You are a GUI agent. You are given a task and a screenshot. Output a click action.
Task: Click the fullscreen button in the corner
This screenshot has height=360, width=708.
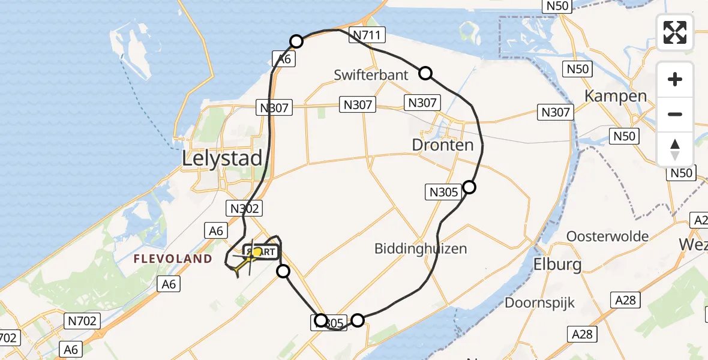click(675, 32)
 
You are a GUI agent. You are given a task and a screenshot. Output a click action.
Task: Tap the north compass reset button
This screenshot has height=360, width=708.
click(675, 149)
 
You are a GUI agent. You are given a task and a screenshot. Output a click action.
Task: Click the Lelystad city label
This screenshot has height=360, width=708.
click(223, 158)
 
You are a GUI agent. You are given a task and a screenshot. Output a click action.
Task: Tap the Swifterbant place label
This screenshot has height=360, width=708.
click(371, 75)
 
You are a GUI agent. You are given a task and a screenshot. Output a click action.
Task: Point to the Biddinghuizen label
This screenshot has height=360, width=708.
click(420, 248)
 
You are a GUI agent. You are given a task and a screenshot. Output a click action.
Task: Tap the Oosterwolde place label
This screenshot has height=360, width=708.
click(607, 236)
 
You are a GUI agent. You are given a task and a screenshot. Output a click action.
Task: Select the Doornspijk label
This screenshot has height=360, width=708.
click(539, 302)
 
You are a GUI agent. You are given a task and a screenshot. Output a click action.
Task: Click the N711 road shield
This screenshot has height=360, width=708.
click(366, 35)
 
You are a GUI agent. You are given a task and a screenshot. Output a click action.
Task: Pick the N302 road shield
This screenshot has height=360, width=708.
click(244, 208)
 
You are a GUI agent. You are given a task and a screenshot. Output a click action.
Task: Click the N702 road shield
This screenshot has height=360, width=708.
click(82, 321)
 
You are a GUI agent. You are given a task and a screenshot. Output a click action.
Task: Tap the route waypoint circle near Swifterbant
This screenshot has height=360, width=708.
click(425, 73)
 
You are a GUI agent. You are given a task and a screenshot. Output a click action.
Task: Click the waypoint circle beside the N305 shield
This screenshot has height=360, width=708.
click(469, 187)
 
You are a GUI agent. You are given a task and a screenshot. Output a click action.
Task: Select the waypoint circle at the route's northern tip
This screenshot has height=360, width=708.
click(296, 41)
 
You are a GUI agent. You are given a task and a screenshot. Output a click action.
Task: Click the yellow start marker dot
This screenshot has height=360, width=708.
click(257, 253)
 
